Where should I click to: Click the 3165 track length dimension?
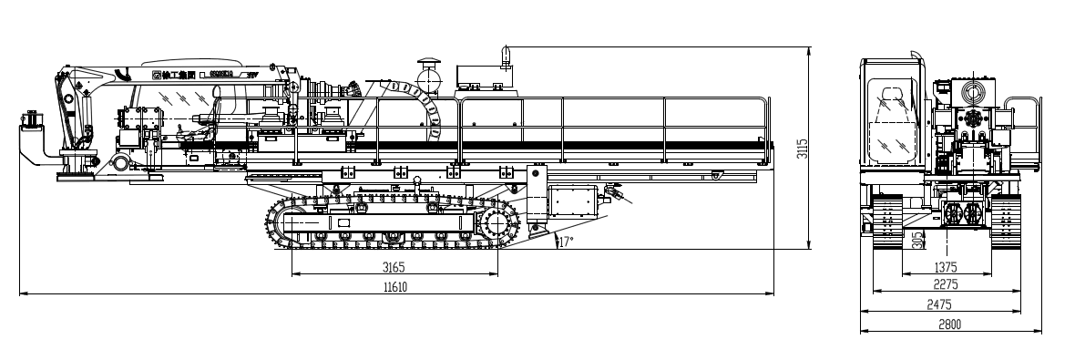point(393,267)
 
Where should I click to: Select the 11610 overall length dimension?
point(394,286)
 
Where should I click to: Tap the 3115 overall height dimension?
point(803,148)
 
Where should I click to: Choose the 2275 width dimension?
point(946,284)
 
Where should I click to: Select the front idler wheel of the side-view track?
point(285,223)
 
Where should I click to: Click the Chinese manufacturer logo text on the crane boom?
point(170,74)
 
